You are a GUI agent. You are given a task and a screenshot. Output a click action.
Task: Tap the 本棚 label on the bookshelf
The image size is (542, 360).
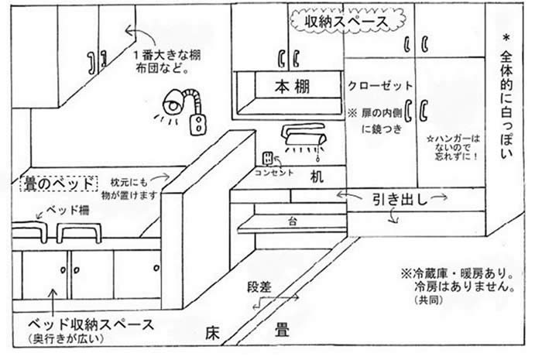(291, 87)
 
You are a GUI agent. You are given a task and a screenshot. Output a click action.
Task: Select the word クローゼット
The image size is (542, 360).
(380, 85)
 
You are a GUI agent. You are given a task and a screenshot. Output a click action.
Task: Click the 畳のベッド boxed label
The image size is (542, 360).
(49, 183)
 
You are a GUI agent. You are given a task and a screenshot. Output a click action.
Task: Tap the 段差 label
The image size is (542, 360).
(260, 287)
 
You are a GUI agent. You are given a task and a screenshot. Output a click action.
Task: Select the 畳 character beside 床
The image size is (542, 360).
(282, 331)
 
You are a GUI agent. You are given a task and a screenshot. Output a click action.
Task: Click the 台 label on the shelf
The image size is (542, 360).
(293, 221)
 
